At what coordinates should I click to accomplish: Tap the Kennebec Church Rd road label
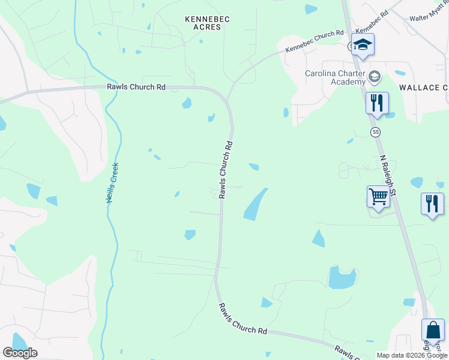pyautogui.click(x=315, y=41)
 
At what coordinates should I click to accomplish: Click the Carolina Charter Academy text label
pyautogui.click(x=335, y=78)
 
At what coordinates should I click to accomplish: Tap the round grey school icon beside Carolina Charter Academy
pyautogui.click(x=375, y=76)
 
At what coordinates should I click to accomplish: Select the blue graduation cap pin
pyautogui.click(x=363, y=46)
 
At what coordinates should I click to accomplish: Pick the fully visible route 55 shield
pyautogui.click(x=376, y=131)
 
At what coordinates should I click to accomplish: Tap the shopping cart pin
pyautogui.click(x=378, y=197)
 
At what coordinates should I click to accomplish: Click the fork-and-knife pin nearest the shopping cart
pyautogui.click(x=432, y=204)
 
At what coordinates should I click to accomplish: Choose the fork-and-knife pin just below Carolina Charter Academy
pyautogui.click(x=377, y=103)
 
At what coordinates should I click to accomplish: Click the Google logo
pyautogui.click(x=20, y=353)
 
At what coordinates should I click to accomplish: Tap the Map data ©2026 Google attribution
pyautogui.click(x=412, y=355)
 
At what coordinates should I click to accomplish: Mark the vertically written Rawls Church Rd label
pyautogui.click(x=226, y=170)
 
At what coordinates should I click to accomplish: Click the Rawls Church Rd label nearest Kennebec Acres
pyautogui.click(x=136, y=87)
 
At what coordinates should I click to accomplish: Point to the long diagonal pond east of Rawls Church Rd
pyautogui.click(x=255, y=205)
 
